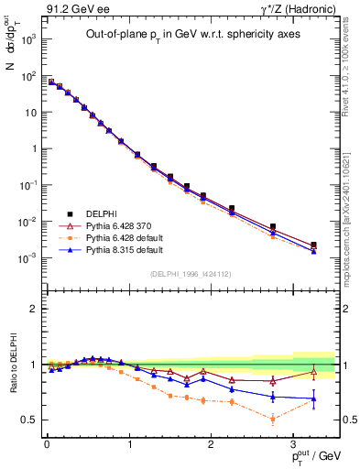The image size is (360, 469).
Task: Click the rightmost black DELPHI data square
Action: pos(314,245)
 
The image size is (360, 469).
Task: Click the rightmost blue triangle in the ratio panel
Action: pos(314,398)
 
